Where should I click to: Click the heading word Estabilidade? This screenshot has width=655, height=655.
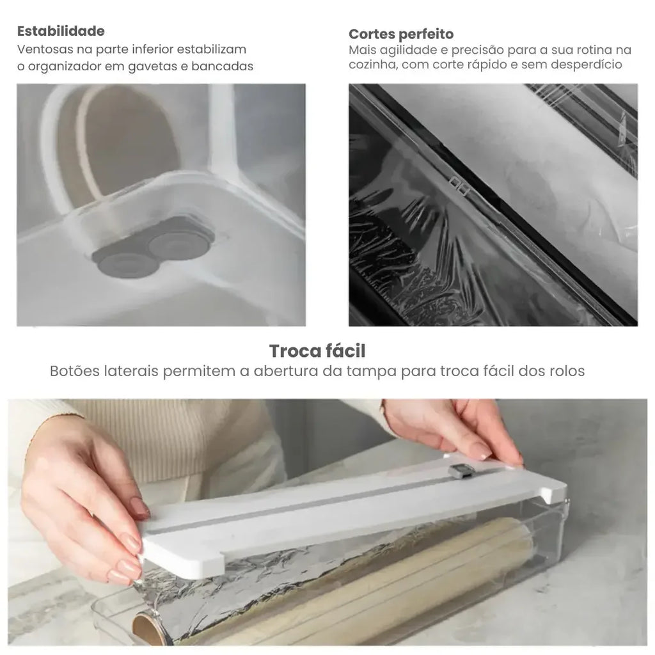click(x=61, y=31)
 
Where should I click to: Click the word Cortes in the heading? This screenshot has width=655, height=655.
click(x=372, y=34)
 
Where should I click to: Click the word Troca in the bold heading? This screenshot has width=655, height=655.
click(x=294, y=351)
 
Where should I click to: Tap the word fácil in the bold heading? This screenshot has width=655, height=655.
click(x=345, y=351)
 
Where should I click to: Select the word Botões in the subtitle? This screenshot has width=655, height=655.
click(x=75, y=371)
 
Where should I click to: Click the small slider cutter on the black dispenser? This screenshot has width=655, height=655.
click(x=459, y=187)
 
